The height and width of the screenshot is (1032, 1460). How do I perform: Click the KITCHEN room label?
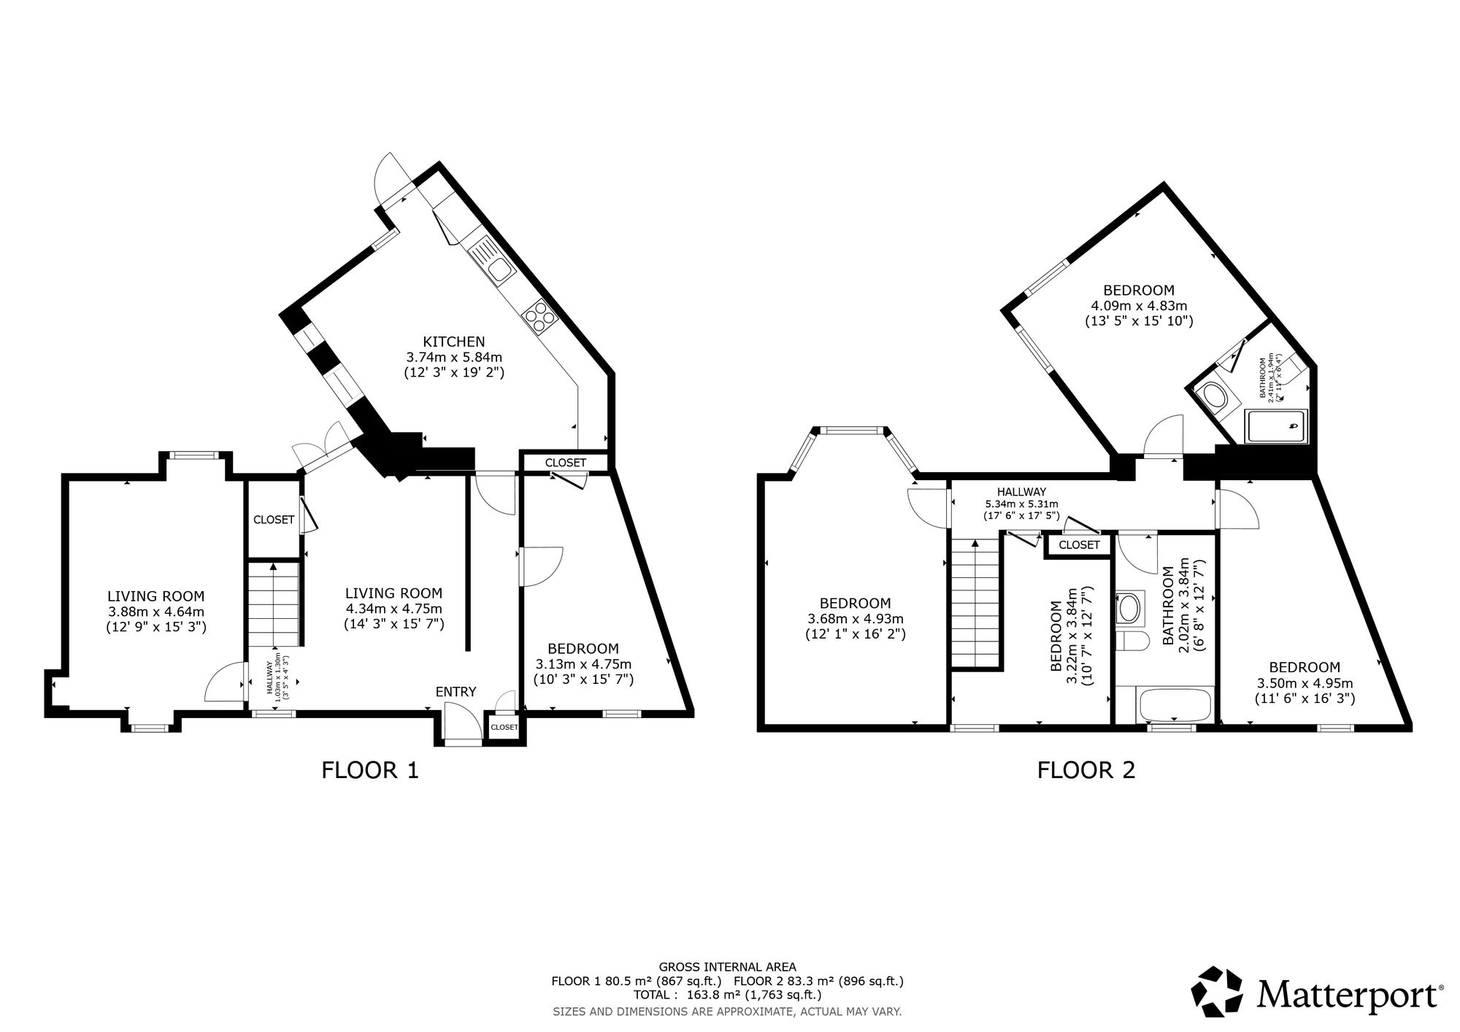[x=453, y=342]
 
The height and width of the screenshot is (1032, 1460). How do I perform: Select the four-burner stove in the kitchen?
[x=539, y=316]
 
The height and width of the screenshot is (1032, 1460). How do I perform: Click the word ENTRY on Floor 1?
[x=456, y=692]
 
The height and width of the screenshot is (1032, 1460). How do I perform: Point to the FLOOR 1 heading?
[x=370, y=770]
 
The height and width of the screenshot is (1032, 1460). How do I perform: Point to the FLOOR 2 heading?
[x=1086, y=770]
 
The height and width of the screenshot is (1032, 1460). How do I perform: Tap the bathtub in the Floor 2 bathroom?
[x=1174, y=705]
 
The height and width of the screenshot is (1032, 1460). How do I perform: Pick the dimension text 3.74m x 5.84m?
[x=453, y=357]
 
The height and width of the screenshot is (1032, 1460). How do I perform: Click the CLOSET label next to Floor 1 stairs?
[x=274, y=520]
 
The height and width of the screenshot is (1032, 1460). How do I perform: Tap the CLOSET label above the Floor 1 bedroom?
[x=565, y=463]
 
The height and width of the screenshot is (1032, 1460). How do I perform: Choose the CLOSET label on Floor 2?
[x=1078, y=545]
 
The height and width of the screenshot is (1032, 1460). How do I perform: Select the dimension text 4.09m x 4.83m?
[x=1138, y=305]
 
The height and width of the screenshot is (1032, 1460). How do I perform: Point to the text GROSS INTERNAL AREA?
[x=727, y=966]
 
